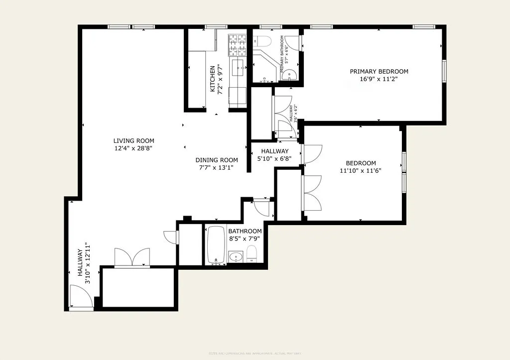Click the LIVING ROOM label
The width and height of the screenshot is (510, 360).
133,141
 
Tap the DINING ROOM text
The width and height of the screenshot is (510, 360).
216,160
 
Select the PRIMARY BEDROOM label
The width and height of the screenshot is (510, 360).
379,71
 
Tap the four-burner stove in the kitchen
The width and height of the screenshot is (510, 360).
238,45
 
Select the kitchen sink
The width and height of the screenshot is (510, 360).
239,66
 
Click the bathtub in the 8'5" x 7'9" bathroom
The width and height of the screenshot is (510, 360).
216,245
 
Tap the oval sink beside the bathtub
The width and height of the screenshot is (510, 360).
236,257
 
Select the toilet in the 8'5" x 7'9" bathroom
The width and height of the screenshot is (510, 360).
252,253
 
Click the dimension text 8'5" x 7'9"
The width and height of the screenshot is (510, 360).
245,239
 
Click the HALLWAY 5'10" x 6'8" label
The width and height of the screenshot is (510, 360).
274,155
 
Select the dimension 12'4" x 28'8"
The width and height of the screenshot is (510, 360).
133,148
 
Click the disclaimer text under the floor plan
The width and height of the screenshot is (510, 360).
255,354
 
